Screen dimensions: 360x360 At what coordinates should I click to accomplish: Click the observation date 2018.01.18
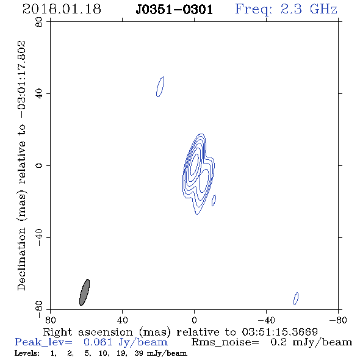(62, 9)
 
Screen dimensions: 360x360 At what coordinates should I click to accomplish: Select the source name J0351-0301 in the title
(175, 10)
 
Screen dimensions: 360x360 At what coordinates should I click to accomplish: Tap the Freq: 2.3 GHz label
(286, 9)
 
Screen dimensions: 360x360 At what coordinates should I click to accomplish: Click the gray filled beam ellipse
(84, 292)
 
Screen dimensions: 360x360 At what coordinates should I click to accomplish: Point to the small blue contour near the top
(160, 87)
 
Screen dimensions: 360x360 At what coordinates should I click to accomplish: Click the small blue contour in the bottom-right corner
(296, 298)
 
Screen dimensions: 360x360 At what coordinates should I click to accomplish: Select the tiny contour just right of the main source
(214, 200)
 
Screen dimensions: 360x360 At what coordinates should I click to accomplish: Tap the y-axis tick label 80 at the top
(39, 22)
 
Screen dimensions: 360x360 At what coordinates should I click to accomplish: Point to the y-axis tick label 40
(39, 94)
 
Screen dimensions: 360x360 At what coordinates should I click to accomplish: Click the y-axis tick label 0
(39, 165)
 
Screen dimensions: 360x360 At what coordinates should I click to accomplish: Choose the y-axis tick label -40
(39, 237)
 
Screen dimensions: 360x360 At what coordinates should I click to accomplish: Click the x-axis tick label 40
(122, 320)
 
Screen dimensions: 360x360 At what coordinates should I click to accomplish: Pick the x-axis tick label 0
(194, 320)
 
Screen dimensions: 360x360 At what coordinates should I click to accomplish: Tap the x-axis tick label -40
(266, 320)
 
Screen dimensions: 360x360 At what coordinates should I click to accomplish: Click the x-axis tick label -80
(338, 320)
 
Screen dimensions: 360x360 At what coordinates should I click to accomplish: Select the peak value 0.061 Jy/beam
(126, 342)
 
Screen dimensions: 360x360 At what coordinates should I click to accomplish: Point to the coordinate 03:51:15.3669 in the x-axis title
(279, 332)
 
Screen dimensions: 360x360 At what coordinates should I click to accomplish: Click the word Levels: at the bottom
(27, 353)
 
